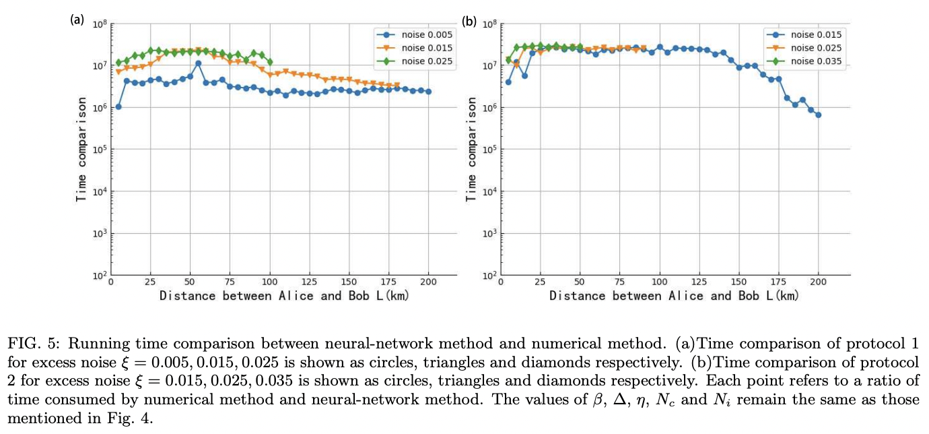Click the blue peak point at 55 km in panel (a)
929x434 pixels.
tap(198, 63)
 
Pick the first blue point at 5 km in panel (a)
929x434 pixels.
tap(118, 106)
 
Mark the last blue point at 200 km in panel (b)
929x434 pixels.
tap(819, 115)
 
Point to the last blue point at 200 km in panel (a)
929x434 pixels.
tap(428, 92)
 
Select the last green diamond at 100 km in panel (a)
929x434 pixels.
tap(270, 62)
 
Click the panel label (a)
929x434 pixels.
tap(77, 20)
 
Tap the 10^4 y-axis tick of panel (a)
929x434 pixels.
tap(96, 191)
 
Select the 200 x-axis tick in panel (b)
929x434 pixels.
tap(819, 282)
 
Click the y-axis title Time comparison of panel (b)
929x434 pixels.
tap(471, 149)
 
